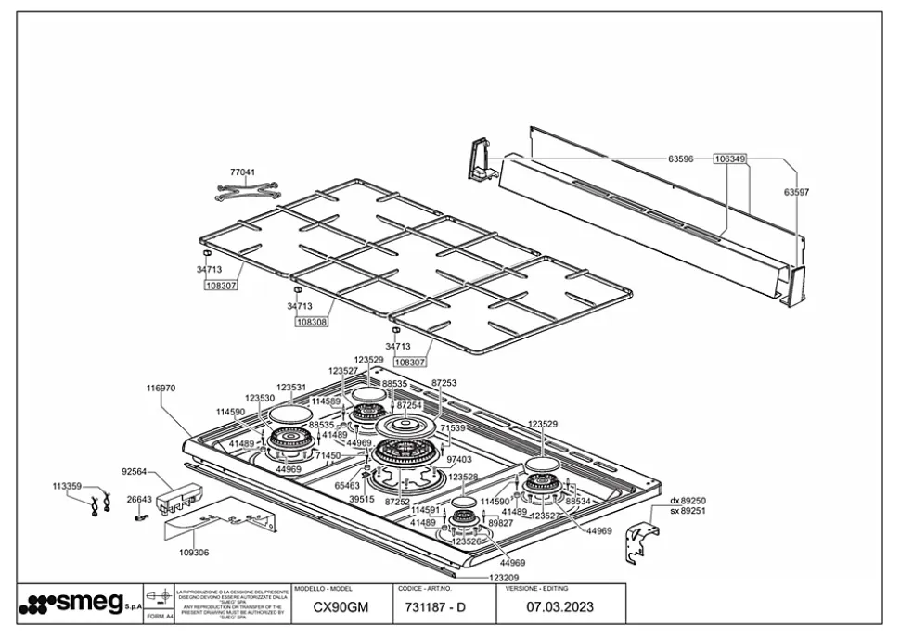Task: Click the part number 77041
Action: click(242, 172)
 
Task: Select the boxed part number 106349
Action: click(729, 159)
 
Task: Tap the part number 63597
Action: click(796, 193)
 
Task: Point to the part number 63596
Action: click(681, 159)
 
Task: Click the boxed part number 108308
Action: click(311, 322)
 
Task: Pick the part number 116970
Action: click(161, 389)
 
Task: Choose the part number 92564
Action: click(135, 471)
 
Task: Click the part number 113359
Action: click(67, 486)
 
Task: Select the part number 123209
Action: click(505, 577)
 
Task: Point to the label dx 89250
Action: click(688, 501)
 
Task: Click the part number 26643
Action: click(139, 499)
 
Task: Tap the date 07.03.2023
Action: click(559, 608)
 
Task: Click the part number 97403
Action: click(459, 459)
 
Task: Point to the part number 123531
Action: click(291, 388)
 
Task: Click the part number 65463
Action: click(347, 485)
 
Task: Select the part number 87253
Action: click(444, 382)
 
